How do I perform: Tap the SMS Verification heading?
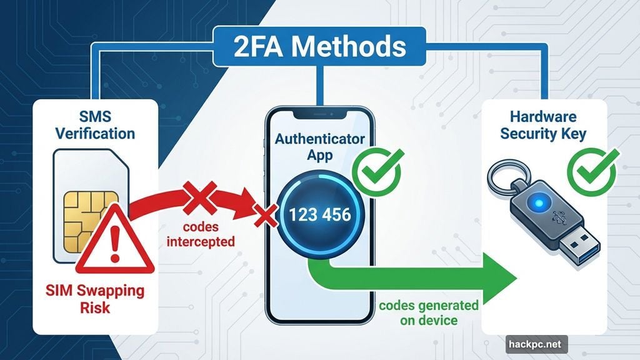94,124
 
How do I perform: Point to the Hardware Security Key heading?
544,124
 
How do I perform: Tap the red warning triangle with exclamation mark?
114,244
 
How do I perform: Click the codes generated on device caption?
428,313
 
